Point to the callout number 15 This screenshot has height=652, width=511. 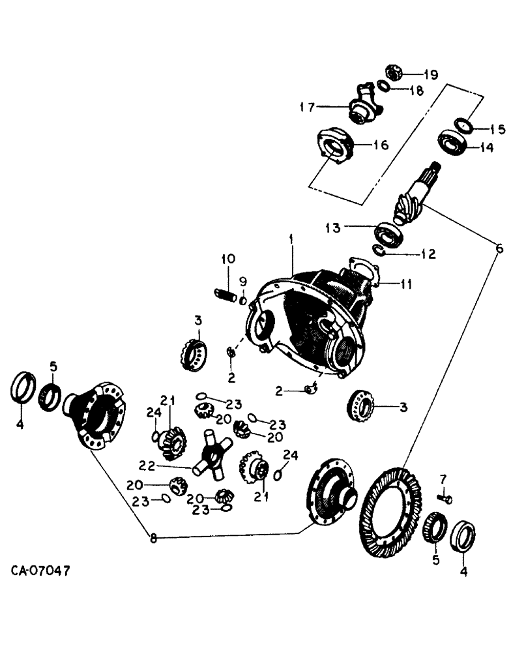(497, 130)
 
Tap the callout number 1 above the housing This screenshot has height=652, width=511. (292, 241)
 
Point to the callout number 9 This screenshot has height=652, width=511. (242, 282)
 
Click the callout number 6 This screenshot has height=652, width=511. (499, 248)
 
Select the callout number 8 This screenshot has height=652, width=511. (153, 539)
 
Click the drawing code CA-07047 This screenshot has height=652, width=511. (40, 572)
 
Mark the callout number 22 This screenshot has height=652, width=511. (147, 464)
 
